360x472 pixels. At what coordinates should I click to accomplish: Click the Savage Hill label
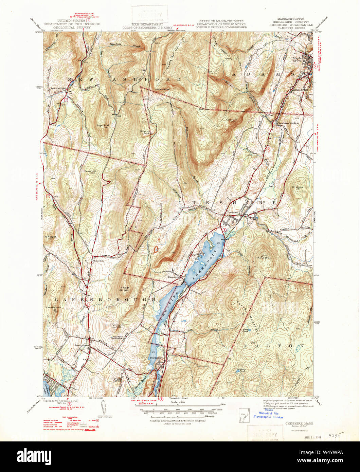[x=125, y=289]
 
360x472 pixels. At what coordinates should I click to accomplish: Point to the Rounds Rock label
[x=146, y=132]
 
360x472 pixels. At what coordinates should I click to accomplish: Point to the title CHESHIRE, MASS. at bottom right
[x=299, y=423]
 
